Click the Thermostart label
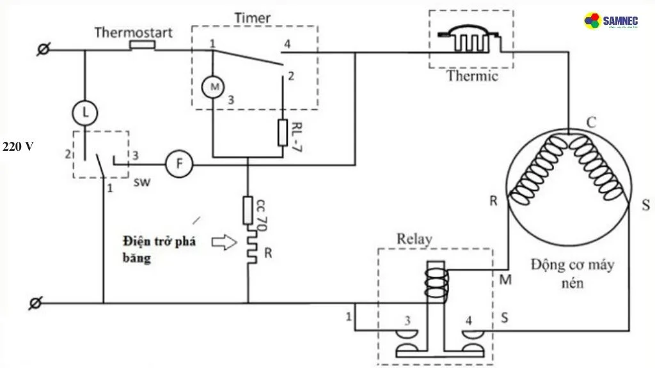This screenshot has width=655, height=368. point(133,32)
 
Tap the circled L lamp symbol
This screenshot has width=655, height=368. point(84,113)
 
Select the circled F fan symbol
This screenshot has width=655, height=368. point(179,164)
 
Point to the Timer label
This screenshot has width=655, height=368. point(253,18)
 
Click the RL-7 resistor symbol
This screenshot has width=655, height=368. point(283,132)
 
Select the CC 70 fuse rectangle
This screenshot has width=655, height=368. point(248,210)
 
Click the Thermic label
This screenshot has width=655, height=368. point(472,77)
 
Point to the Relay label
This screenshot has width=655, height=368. point(414,239)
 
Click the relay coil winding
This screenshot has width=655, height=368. point(436,280)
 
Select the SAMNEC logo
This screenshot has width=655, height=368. point(612,21)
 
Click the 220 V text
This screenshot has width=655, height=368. point(18,147)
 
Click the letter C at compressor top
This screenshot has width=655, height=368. point(592,123)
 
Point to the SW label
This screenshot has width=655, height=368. point(142,183)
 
